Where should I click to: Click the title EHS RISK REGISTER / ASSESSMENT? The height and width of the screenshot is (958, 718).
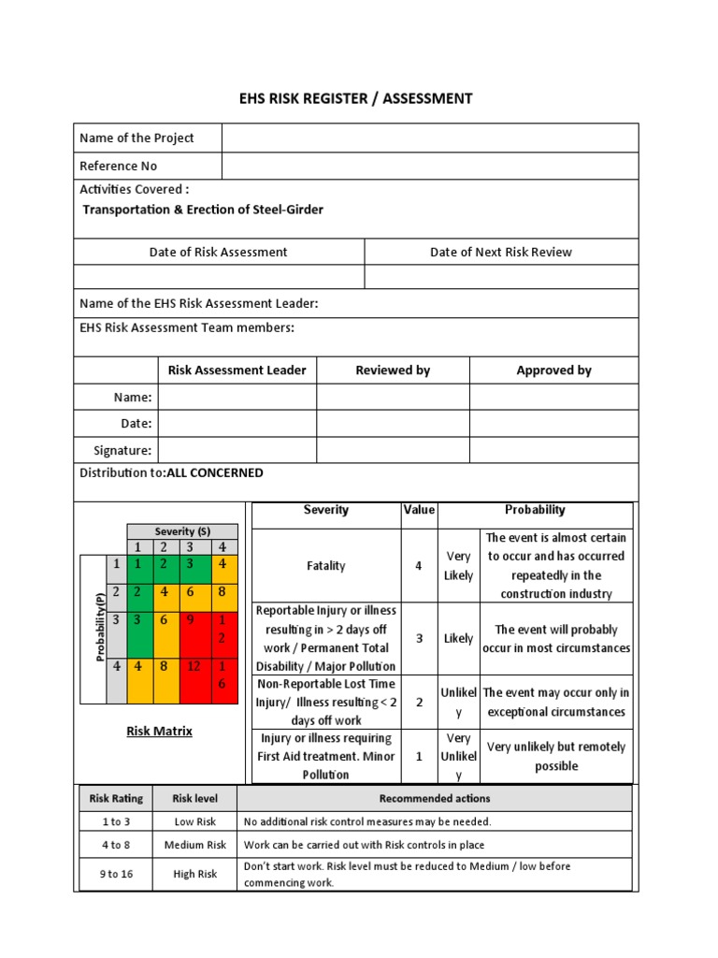(359, 98)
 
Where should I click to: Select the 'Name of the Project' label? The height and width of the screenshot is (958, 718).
(136, 138)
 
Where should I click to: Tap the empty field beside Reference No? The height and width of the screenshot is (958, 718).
(430, 167)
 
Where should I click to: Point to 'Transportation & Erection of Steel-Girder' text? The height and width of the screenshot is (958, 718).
(203, 210)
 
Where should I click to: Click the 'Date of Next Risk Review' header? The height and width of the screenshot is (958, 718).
(500, 252)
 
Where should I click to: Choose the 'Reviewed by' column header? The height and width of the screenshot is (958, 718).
(393, 370)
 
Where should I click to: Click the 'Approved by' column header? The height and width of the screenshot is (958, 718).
(553, 370)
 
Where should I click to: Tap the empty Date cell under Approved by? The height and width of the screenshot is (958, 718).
(553, 424)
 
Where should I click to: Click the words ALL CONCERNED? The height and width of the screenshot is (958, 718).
(215, 473)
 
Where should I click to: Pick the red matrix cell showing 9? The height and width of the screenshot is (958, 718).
(191, 619)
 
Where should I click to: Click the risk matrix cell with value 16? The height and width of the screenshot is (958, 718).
(222, 675)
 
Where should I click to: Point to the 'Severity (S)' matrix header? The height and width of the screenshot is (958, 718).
(182, 531)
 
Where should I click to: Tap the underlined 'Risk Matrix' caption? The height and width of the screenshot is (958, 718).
(159, 732)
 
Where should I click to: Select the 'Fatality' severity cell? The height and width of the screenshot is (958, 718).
(325, 566)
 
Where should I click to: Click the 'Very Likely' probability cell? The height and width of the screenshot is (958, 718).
(458, 566)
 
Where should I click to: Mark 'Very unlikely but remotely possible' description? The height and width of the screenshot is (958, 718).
(556, 756)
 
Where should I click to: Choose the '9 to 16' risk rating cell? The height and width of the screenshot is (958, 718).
(116, 874)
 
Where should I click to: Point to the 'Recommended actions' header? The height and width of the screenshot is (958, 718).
(434, 799)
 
